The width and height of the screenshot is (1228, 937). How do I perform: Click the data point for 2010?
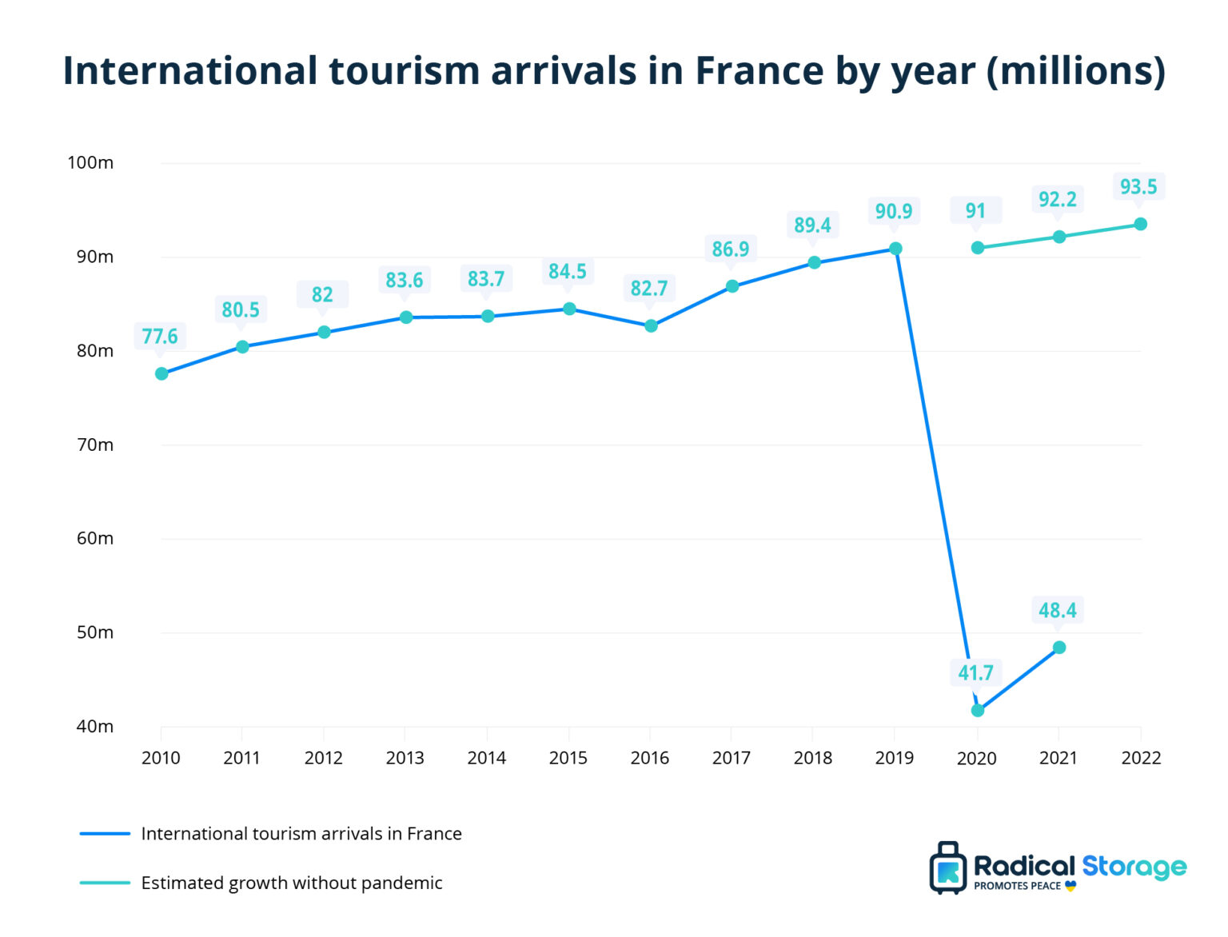click(161, 373)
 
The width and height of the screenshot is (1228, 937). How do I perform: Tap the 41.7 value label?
click(975, 673)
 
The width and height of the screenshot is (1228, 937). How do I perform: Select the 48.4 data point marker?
click(1059, 648)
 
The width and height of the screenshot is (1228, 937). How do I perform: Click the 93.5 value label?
click(1138, 187)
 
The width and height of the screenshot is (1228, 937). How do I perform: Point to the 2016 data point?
click(651, 325)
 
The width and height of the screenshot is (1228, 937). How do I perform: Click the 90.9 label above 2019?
click(893, 211)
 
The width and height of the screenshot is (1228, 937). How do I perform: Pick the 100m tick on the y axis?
click(90, 163)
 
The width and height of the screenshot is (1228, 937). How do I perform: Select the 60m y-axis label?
click(94, 538)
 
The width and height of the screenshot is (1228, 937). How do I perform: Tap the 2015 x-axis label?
click(568, 758)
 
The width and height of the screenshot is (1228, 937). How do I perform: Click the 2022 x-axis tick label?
click(1140, 758)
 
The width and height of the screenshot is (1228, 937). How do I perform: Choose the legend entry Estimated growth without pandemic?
click(291, 883)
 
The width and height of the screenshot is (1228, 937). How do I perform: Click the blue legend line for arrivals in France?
click(105, 834)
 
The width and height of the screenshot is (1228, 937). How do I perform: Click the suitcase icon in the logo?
click(948, 868)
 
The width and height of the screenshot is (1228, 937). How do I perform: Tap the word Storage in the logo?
click(1134, 867)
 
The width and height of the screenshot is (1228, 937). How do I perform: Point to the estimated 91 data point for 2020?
click(977, 248)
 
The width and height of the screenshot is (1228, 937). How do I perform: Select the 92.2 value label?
click(1057, 199)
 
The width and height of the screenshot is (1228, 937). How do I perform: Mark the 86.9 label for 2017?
click(730, 249)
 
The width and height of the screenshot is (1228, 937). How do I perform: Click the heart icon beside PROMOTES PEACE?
click(1071, 886)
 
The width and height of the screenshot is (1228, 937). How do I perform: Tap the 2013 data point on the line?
click(406, 317)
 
